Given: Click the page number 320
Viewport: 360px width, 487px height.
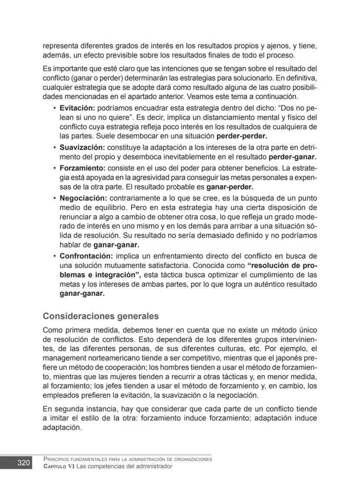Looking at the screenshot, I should pos(23,463).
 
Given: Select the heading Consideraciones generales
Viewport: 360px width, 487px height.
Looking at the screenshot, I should pos(100,316).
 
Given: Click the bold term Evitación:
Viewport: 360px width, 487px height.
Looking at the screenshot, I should pos(77,107).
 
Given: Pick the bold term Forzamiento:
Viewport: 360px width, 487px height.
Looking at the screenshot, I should pos(83,168).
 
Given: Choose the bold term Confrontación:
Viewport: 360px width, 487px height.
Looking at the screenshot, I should pos(86,255).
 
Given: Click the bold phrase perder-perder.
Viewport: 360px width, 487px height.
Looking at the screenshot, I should pos(242,136).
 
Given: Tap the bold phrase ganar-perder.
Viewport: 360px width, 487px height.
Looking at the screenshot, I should pos(230,187).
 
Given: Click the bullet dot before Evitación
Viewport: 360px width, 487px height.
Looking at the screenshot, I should pos(54,107).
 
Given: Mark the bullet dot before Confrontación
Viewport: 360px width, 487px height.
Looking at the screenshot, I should pos(54,256).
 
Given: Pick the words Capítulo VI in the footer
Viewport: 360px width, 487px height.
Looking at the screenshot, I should pos(60,466).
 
